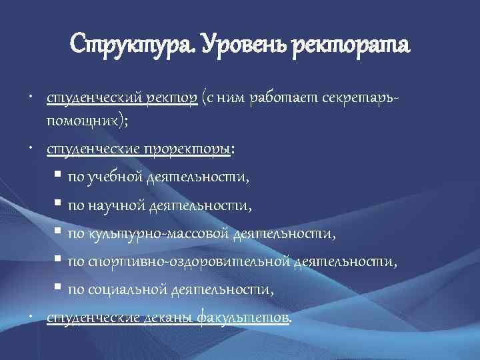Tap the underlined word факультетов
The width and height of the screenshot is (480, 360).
(x=245, y=317)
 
